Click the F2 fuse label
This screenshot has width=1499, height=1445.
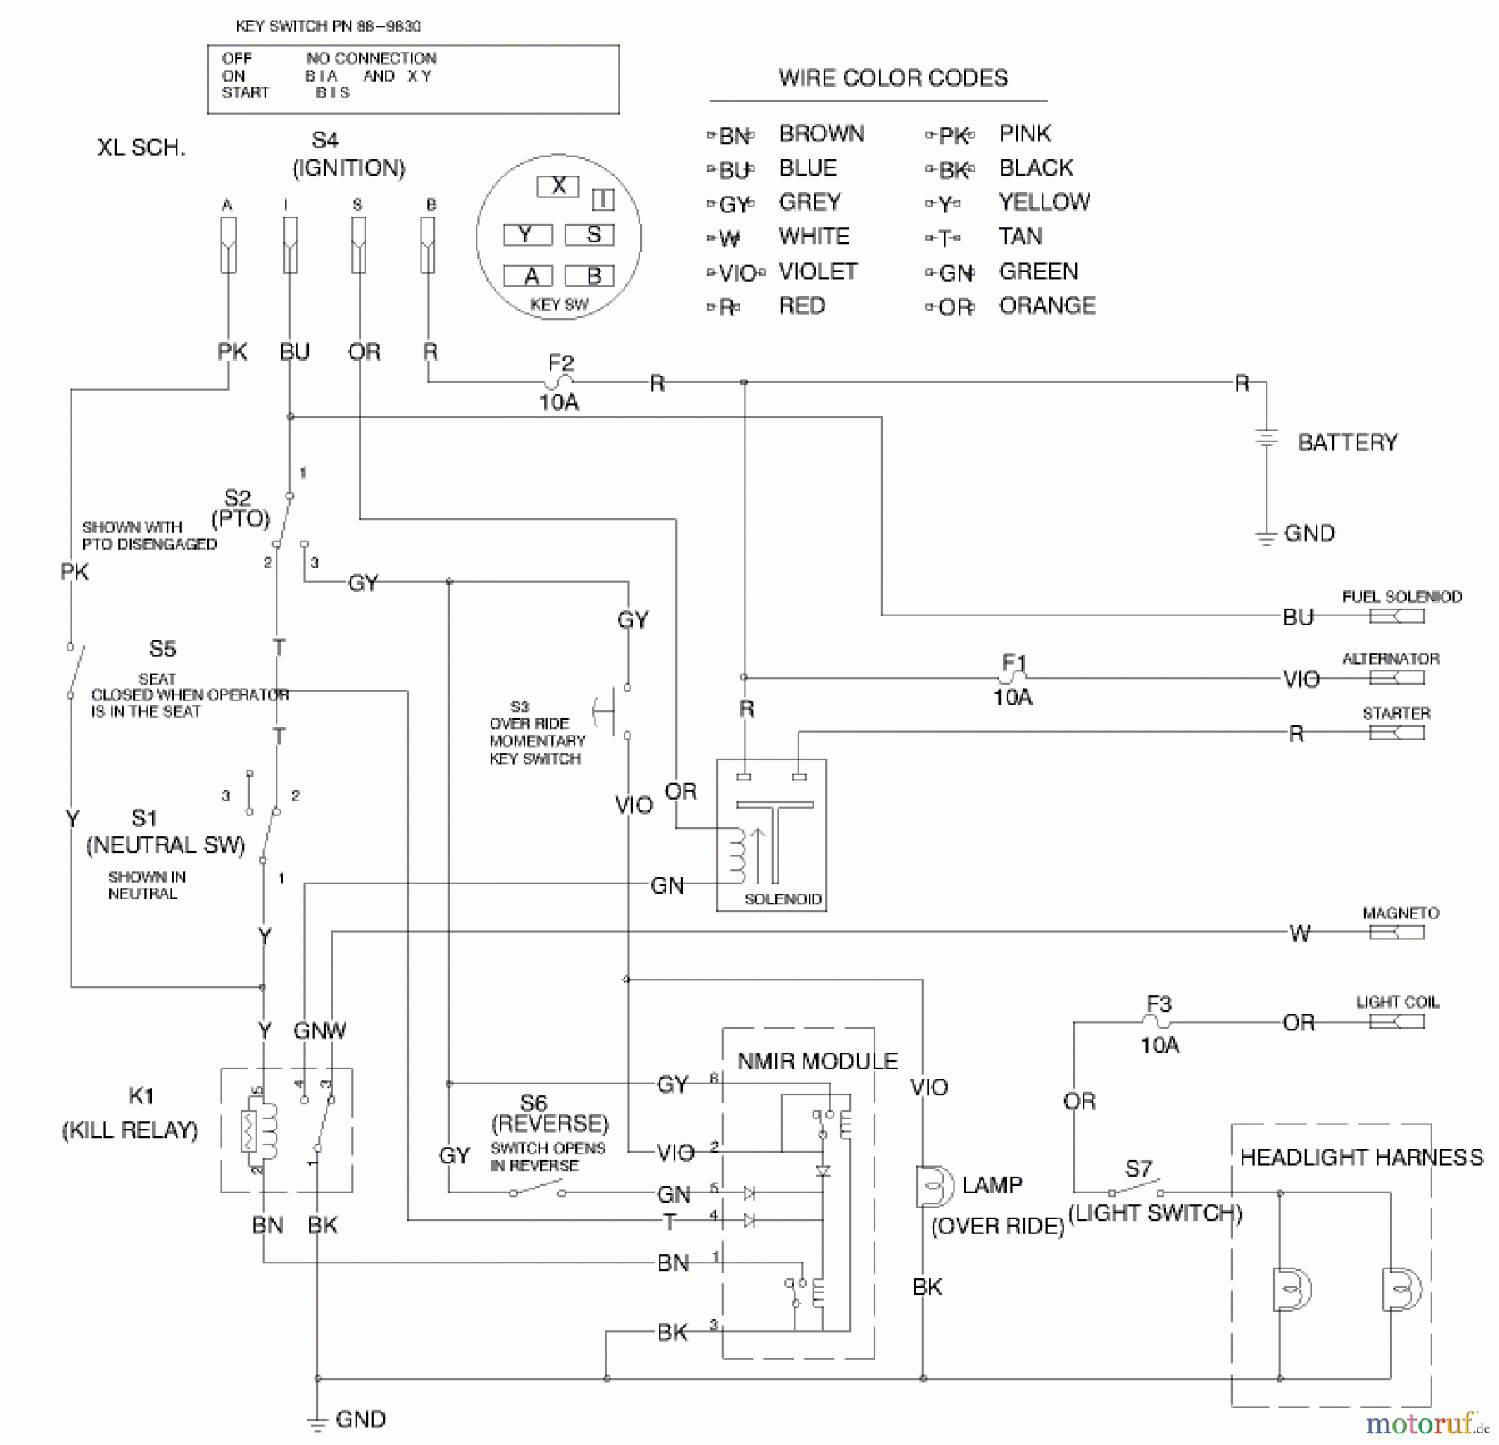point(560,363)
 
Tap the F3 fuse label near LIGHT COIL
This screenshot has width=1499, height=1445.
point(1158,1004)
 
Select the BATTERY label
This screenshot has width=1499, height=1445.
point(1347,442)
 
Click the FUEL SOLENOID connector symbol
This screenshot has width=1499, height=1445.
point(1397,616)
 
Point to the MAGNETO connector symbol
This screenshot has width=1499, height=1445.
point(1397,932)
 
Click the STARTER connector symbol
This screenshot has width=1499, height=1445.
point(1397,733)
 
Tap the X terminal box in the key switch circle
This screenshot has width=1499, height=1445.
point(558,186)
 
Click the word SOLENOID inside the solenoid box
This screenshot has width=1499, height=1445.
point(782,899)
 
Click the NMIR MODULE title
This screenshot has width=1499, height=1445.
point(817,1061)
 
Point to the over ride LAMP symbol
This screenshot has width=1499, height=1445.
point(933,1186)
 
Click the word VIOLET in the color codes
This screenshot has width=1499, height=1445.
point(817,272)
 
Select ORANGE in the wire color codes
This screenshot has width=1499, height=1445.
point(1047,306)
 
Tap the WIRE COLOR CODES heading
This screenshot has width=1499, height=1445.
point(893,78)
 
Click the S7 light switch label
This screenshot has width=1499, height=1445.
point(1138,1168)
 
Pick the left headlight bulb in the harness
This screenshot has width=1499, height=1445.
point(1291,1289)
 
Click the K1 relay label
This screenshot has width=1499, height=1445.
point(141,1095)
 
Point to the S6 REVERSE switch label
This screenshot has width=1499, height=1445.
point(534,1103)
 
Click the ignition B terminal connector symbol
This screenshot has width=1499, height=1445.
point(427,245)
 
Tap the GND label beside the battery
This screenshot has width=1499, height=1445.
point(1309,533)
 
